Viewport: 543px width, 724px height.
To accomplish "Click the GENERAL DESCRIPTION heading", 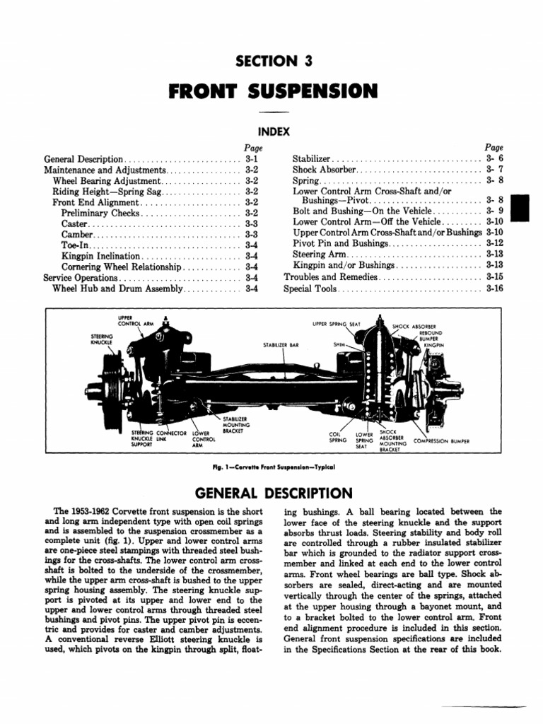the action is point(272,493).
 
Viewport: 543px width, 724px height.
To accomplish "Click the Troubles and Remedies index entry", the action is point(330,278).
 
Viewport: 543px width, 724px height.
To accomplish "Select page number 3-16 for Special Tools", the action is point(494,289).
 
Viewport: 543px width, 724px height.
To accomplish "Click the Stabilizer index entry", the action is point(311,160).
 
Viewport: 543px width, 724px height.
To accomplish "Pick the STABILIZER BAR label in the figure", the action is point(281,345).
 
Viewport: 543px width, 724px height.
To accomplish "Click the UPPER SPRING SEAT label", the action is point(337,324).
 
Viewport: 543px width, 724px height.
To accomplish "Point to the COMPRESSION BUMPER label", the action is point(441,440).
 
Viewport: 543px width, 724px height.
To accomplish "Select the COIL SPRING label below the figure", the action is point(338,437).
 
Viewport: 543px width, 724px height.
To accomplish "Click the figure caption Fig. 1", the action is point(271,467).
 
